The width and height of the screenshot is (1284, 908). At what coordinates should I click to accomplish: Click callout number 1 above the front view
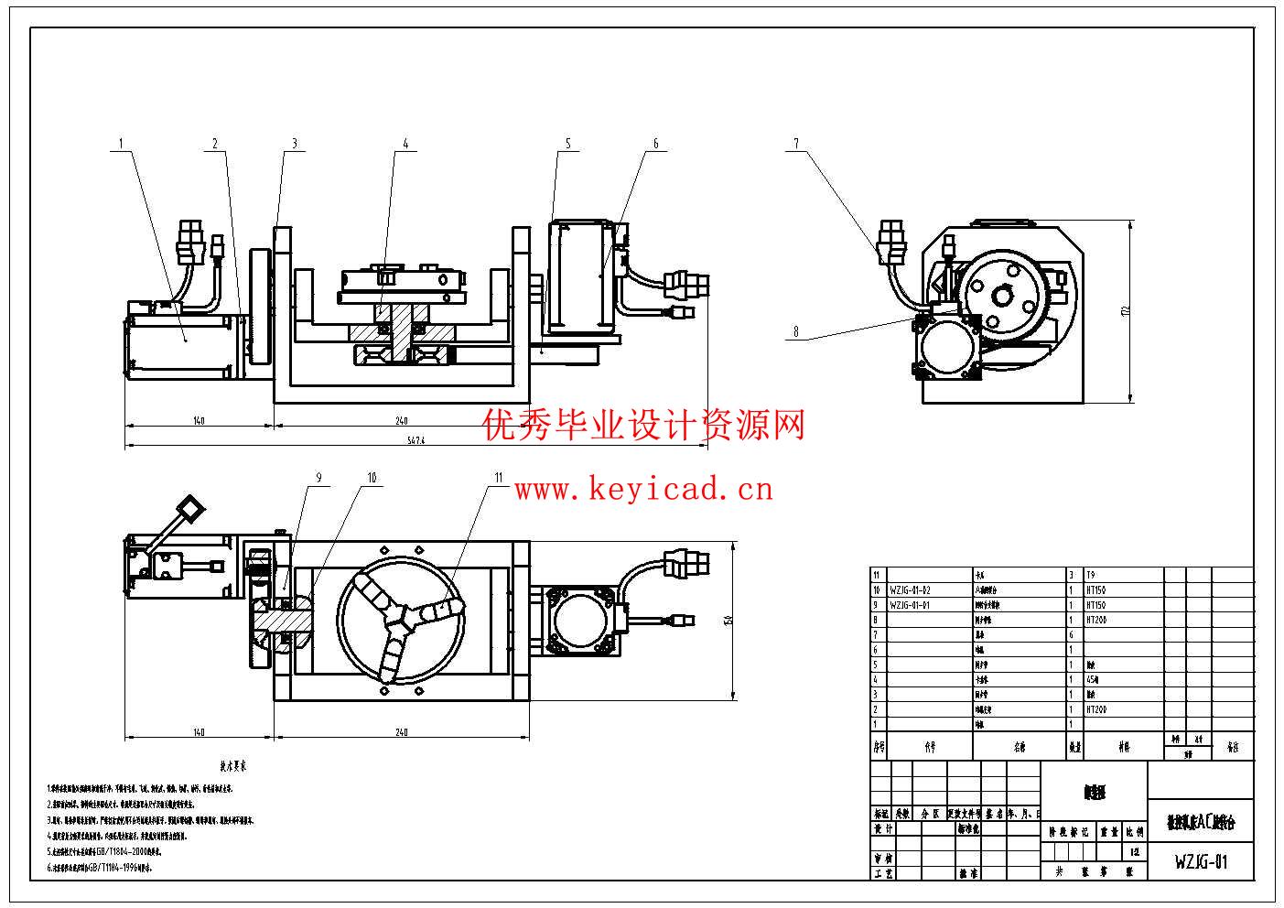click(x=120, y=143)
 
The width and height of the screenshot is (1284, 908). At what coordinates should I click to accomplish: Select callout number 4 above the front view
click(x=405, y=144)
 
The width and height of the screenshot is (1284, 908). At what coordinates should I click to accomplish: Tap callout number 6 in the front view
click(x=655, y=144)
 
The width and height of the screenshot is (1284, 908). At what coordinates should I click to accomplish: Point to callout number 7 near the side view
click(x=796, y=144)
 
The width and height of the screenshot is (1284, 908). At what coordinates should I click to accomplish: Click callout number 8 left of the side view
click(x=796, y=332)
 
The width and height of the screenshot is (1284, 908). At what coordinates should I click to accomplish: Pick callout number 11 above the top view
click(x=499, y=477)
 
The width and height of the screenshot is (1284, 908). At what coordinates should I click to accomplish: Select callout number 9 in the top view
click(x=318, y=477)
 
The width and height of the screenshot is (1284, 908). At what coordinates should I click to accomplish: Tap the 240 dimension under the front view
click(x=401, y=421)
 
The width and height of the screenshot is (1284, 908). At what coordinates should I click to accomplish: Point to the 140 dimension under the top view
click(x=199, y=732)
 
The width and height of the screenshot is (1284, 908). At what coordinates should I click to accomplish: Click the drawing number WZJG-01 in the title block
click(x=1201, y=861)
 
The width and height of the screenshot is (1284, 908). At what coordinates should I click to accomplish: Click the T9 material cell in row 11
click(x=1091, y=576)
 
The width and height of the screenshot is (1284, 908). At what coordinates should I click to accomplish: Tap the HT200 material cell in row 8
click(x=1096, y=620)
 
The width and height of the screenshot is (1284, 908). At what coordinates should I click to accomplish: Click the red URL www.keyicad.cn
click(x=643, y=491)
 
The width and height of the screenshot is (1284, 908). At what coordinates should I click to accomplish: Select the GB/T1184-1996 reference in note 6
click(x=113, y=866)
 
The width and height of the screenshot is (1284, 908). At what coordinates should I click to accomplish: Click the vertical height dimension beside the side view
click(x=1125, y=311)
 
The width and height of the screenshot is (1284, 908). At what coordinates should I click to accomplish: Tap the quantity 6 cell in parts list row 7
click(x=1072, y=634)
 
